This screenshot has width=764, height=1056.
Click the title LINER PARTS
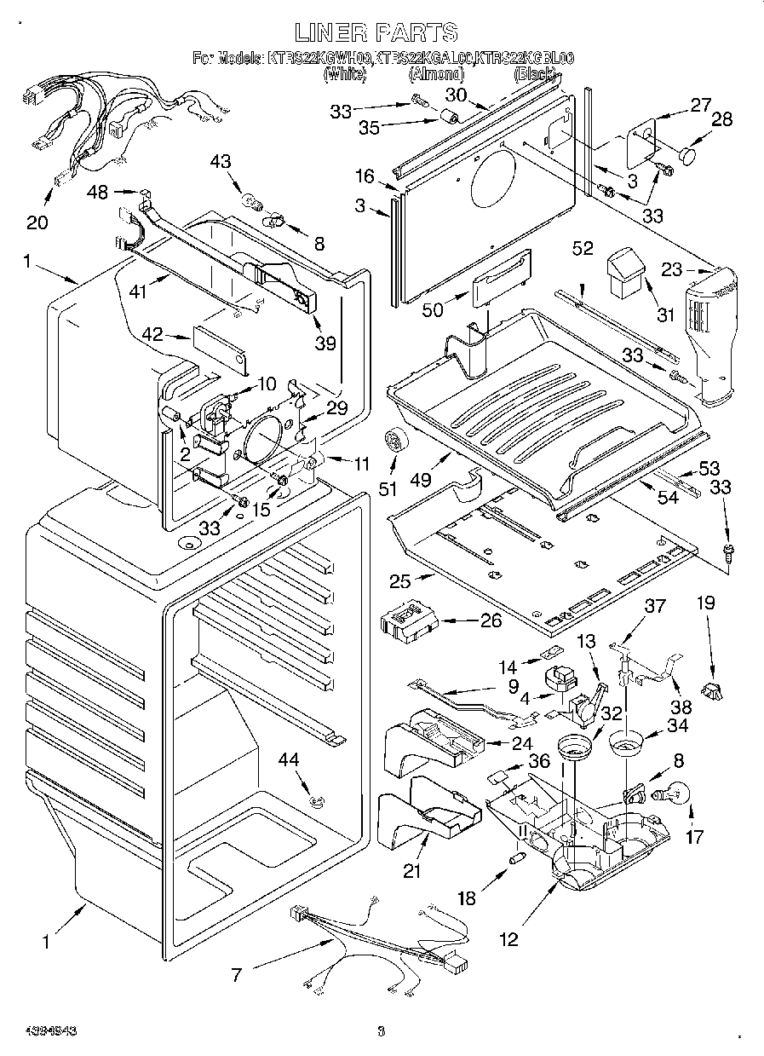[376, 32]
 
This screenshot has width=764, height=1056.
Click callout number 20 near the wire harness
[37, 222]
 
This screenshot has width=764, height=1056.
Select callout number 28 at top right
[721, 119]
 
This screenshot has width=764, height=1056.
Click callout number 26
[491, 620]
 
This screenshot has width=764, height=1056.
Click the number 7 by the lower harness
[237, 974]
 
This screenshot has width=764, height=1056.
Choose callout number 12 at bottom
[508, 939]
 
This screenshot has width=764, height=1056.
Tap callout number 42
[152, 335]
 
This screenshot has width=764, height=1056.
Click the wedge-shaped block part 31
[626, 272]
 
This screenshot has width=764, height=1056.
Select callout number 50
[433, 309]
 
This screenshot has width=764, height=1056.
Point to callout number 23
[672, 269]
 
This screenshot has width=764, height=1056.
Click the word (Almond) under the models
[436, 75]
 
